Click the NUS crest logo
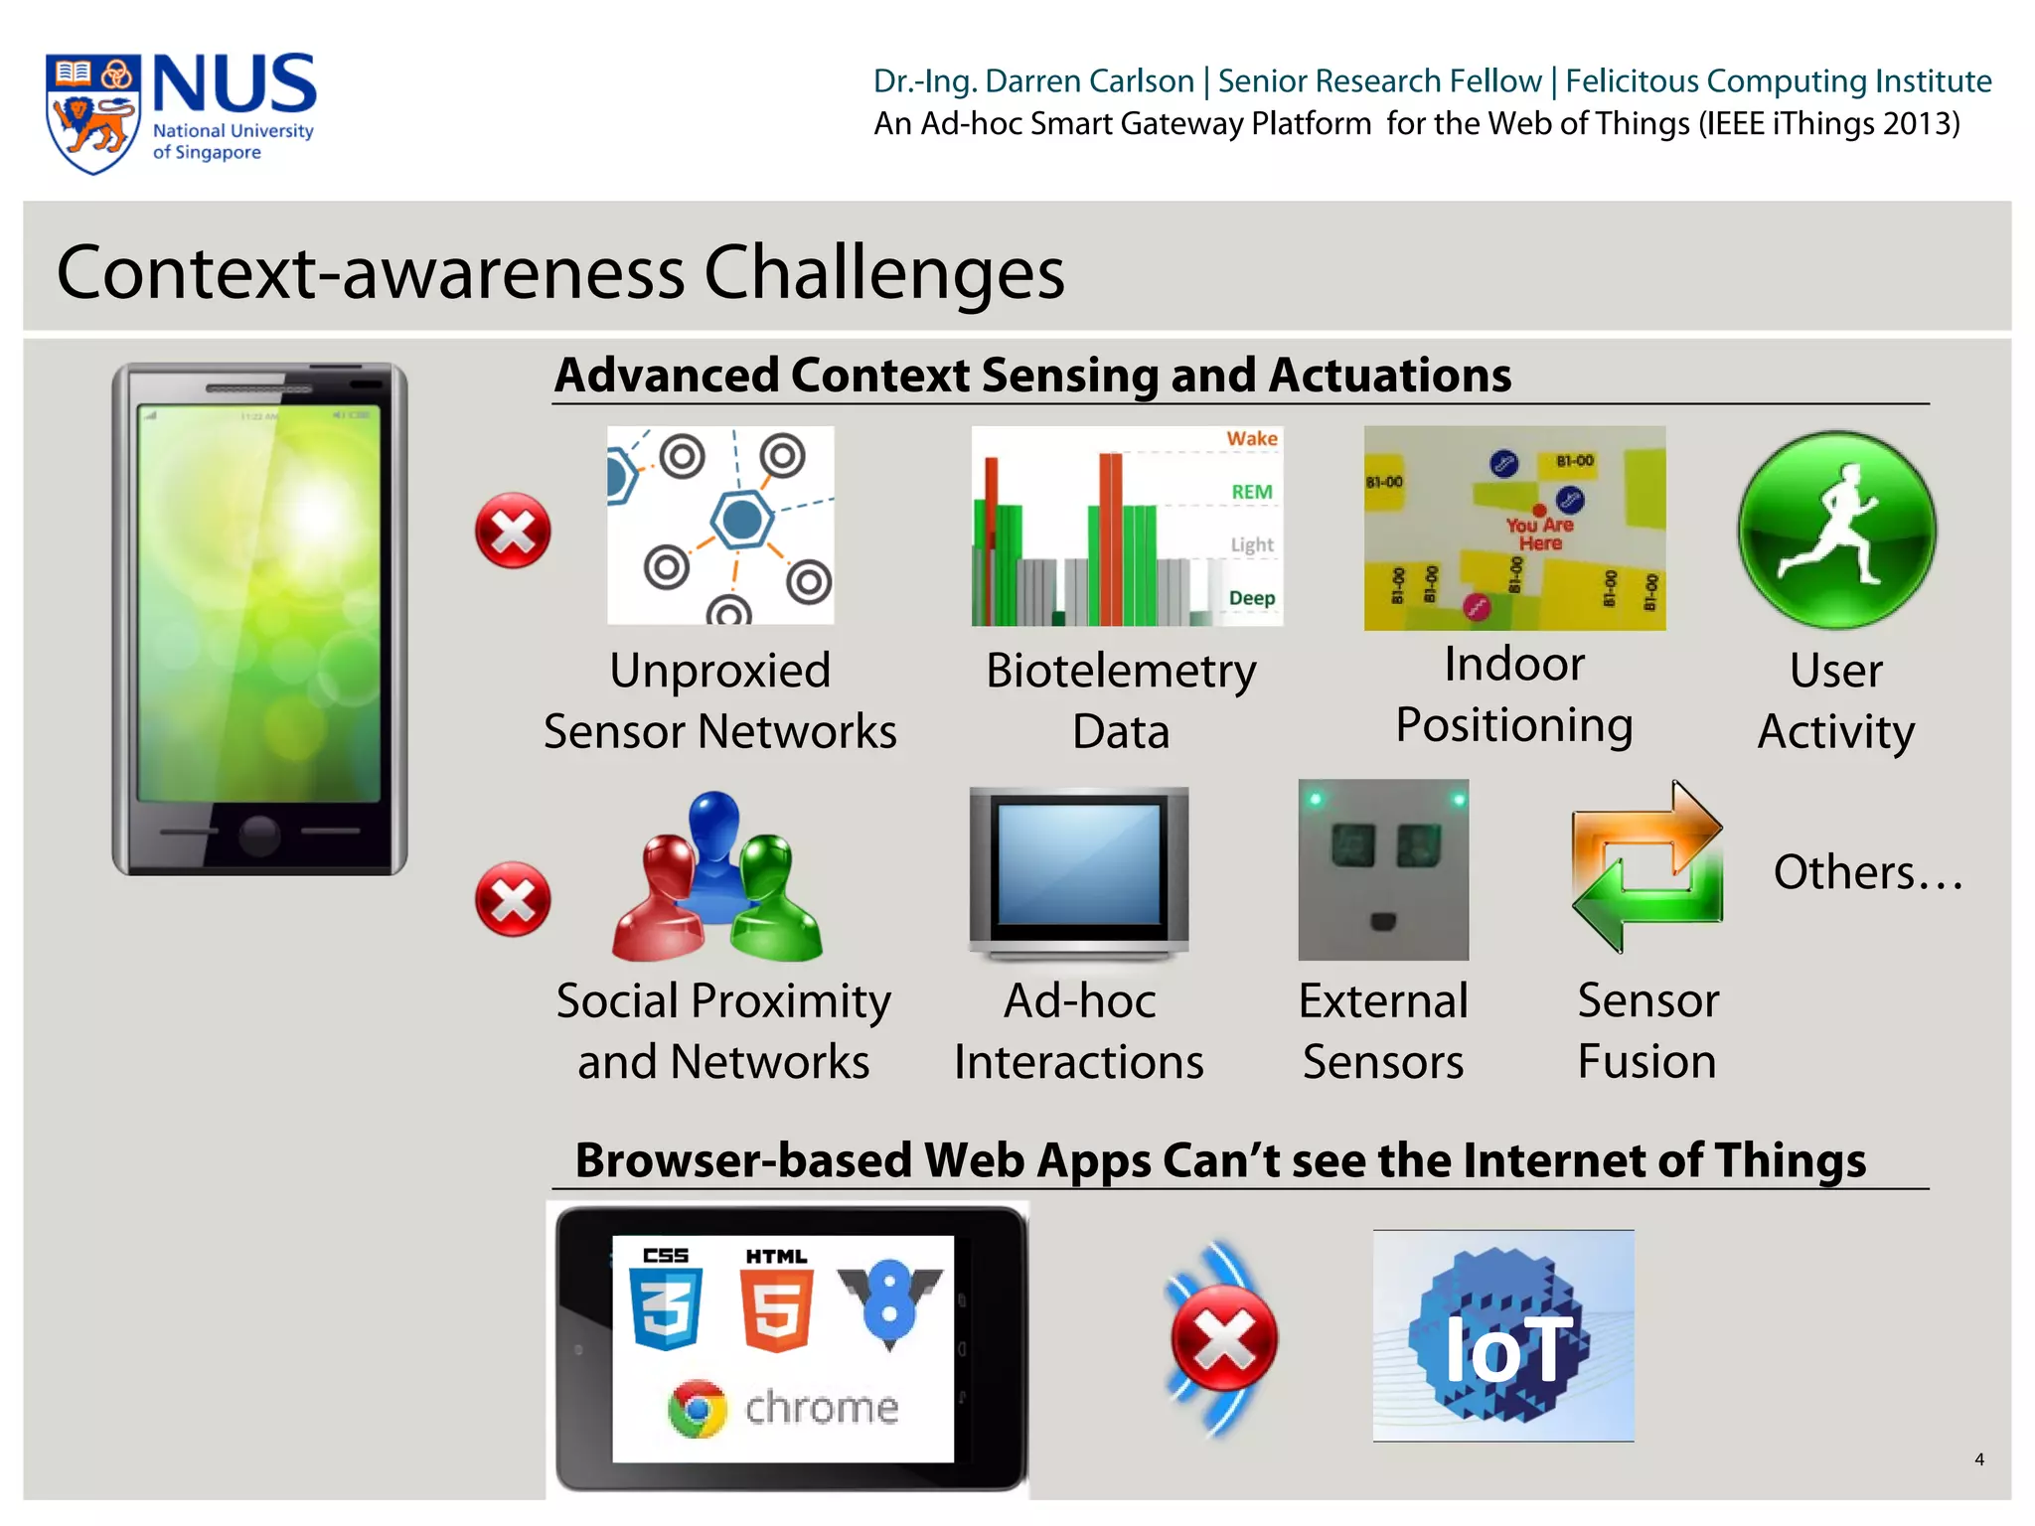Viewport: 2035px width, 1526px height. point(91,113)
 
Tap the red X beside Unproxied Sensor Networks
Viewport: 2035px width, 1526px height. point(513,531)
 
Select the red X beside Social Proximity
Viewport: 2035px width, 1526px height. point(513,899)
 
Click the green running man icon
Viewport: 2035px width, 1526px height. point(1836,530)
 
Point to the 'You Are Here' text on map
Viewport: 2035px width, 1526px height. point(1539,534)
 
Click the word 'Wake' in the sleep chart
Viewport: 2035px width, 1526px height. point(1251,438)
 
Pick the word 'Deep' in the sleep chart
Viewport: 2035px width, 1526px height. point(1251,598)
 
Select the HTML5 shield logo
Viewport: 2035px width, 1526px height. point(776,1307)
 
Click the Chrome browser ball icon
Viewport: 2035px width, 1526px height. point(698,1408)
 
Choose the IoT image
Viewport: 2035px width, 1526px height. point(1502,1336)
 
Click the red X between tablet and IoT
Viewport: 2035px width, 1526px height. point(1223,1337)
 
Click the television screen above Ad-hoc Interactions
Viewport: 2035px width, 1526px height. point(1079,864)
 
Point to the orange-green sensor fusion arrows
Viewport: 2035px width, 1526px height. point(1646,867)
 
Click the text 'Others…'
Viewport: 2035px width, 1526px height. point(1867,872)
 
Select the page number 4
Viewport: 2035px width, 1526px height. point(1978,1459)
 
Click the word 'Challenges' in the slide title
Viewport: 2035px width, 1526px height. point(883,271)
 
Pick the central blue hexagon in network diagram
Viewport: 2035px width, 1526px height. point(741,519)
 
